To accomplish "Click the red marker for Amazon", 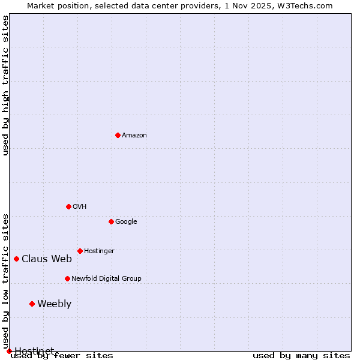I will click(x=118, y=135).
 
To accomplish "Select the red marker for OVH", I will click(x=68, y=206).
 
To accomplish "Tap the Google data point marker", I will click(x=111, y=221).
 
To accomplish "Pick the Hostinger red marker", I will click(x=80, y=251).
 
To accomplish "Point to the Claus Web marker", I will click(x=16, y=259).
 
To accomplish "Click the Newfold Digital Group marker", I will click(x=67, y=278).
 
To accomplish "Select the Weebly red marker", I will click(x=32, y=304).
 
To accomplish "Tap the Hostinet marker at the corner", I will click(x=9, y=351).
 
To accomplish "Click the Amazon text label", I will click(x=134, y=136).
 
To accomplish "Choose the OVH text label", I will click(x=80, y=207).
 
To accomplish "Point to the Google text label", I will click(x=126, y=222).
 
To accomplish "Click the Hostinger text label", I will click(x=99, y=251).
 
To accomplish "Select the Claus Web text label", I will click(x=47, y=259).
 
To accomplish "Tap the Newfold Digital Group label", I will click(x=106, y=279).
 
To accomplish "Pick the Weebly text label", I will click(x=54, y=304).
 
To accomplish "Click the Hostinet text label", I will click(x=34, y=350).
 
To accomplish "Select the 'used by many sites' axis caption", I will click(x=301, y=356).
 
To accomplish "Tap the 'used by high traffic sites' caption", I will click(x=6, y=85).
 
